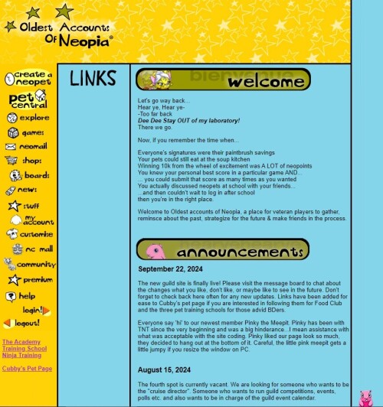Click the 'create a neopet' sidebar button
28,78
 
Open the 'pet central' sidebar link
28,99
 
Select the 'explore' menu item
28,118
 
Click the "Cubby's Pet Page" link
28,369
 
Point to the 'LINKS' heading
93,79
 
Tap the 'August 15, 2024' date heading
165,370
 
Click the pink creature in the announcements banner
155,251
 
